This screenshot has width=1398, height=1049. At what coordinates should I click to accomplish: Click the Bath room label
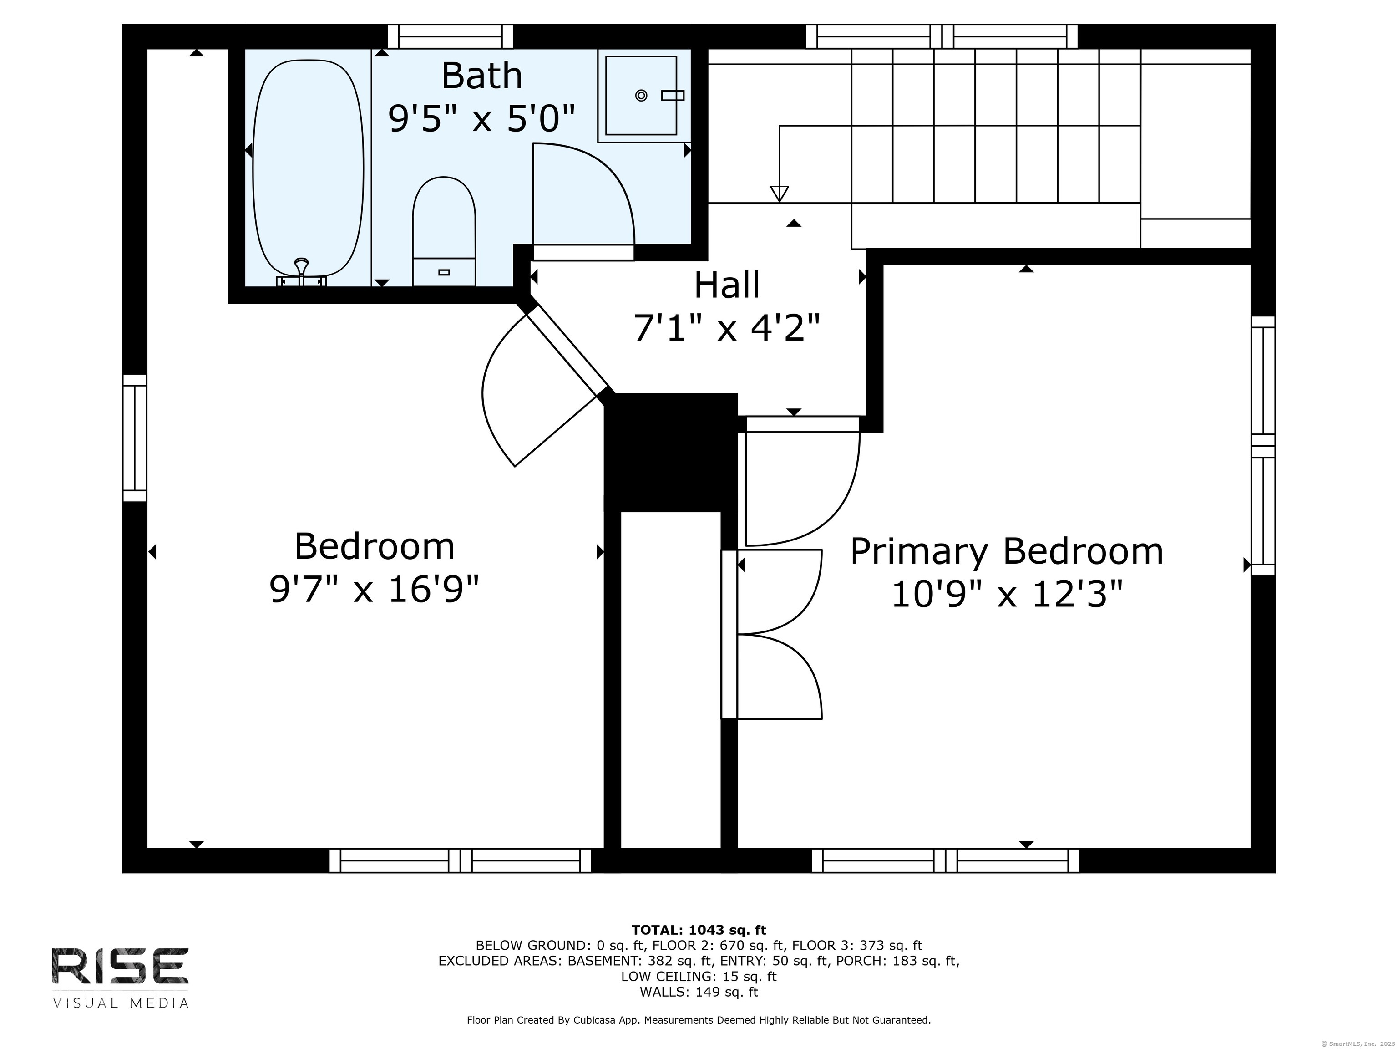click(481, 76)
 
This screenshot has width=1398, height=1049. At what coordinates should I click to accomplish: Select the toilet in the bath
click(444, 231)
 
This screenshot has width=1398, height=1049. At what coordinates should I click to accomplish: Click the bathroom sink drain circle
click(641, 96)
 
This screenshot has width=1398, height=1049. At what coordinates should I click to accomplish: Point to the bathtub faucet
click(301, 270)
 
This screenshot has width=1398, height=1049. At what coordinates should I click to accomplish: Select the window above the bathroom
click(450, 37)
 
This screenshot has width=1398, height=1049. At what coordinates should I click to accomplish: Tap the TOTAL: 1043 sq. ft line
click(699, 930)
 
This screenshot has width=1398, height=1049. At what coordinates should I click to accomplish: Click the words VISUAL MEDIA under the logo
click(120, 1003)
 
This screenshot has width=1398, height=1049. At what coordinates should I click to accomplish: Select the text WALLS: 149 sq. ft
click(699, 992)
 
